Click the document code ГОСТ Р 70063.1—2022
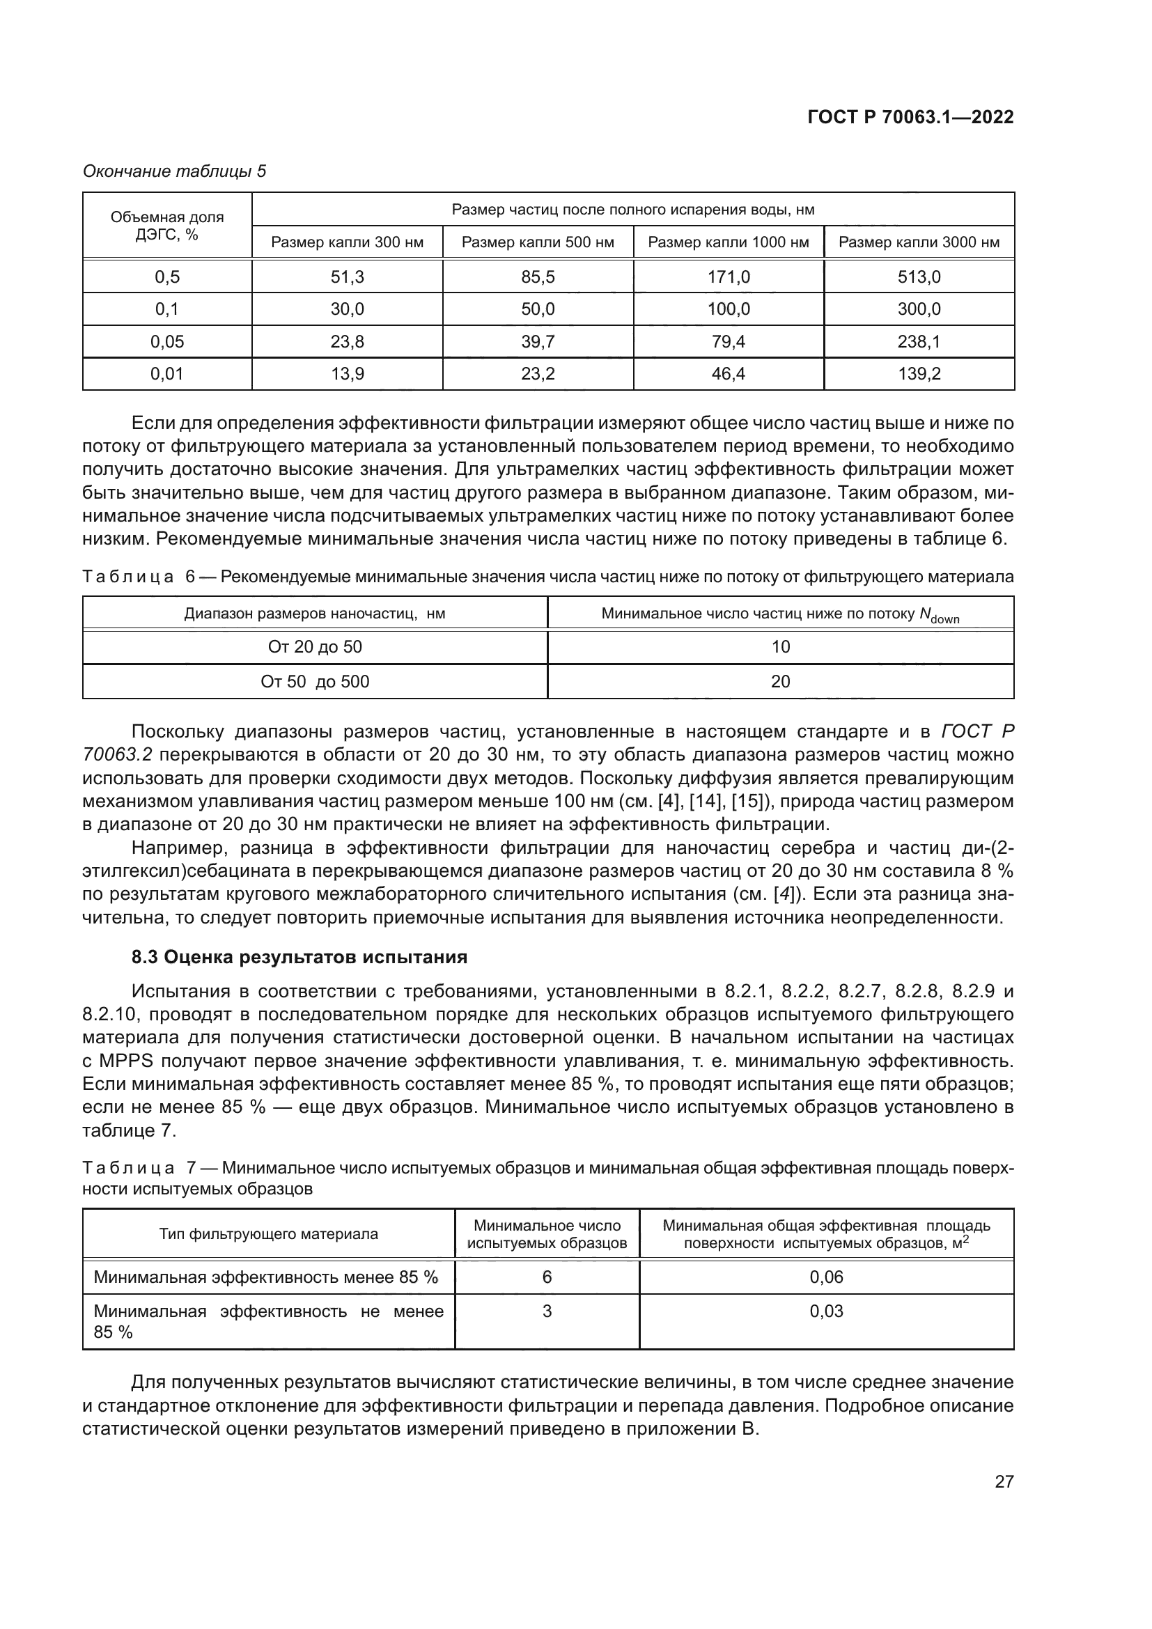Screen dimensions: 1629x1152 (910, 118)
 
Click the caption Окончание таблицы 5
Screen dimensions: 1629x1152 (175, 171)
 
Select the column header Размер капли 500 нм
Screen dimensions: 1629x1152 (538, 242)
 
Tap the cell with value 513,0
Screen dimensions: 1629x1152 (919, 276)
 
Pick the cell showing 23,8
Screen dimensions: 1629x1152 (347, 342)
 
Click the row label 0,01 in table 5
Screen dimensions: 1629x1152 (166, 374)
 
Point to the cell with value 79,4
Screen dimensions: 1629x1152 (728, 342)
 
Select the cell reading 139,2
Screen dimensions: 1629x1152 (919, 374)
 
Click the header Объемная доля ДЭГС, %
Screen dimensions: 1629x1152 (166, 226)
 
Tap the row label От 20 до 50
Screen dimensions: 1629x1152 (315, 647)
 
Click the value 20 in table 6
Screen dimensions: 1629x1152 (780, 682)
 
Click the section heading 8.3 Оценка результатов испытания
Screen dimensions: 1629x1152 (299, 957)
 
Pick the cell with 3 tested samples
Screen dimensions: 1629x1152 (547, 1311)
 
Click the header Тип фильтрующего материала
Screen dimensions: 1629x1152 (268, 1234)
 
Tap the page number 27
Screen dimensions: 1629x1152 (1004, 1481)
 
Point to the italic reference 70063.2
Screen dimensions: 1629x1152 (117, 755)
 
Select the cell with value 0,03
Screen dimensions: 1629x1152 (827, 1311)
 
